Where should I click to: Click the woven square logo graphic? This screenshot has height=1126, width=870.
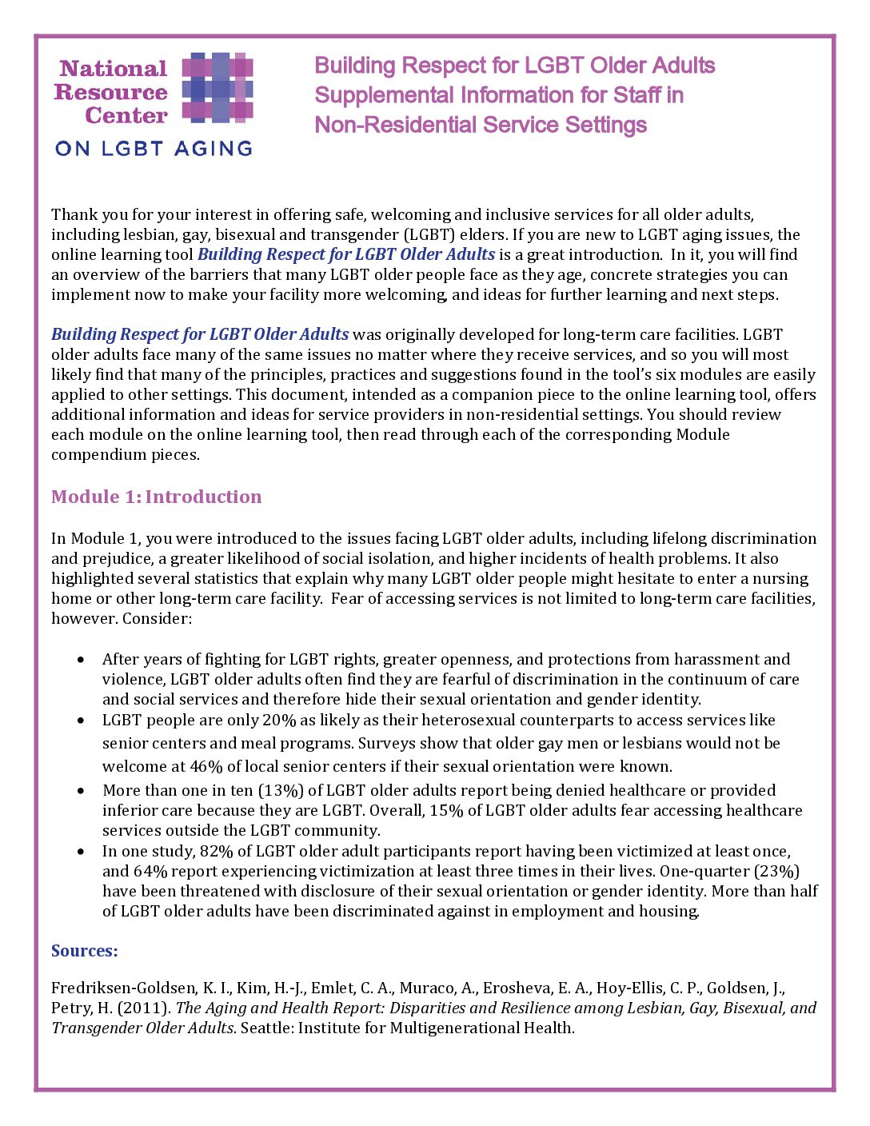tap(217, 89)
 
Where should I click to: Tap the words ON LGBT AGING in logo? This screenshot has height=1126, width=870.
tap(154, 148)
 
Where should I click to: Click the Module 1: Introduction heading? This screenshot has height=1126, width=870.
tap(156, 497)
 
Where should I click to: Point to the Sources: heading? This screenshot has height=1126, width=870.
tap(84, 951)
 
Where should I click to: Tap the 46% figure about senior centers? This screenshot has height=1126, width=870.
tap(206, 766)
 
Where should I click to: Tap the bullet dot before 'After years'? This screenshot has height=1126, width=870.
tap(82, 660)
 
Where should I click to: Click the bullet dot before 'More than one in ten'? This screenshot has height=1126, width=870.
tap(82, 791)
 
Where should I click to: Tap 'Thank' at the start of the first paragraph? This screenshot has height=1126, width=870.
tap(72, 214)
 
